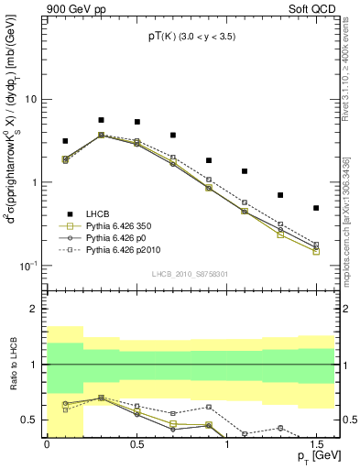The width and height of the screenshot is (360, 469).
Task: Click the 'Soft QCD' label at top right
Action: [311, 9]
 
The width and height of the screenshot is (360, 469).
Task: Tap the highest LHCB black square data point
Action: [101, 120]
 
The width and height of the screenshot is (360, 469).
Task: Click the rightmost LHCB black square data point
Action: [316, 208]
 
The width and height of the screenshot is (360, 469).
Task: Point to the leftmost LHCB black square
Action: [65, 141]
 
